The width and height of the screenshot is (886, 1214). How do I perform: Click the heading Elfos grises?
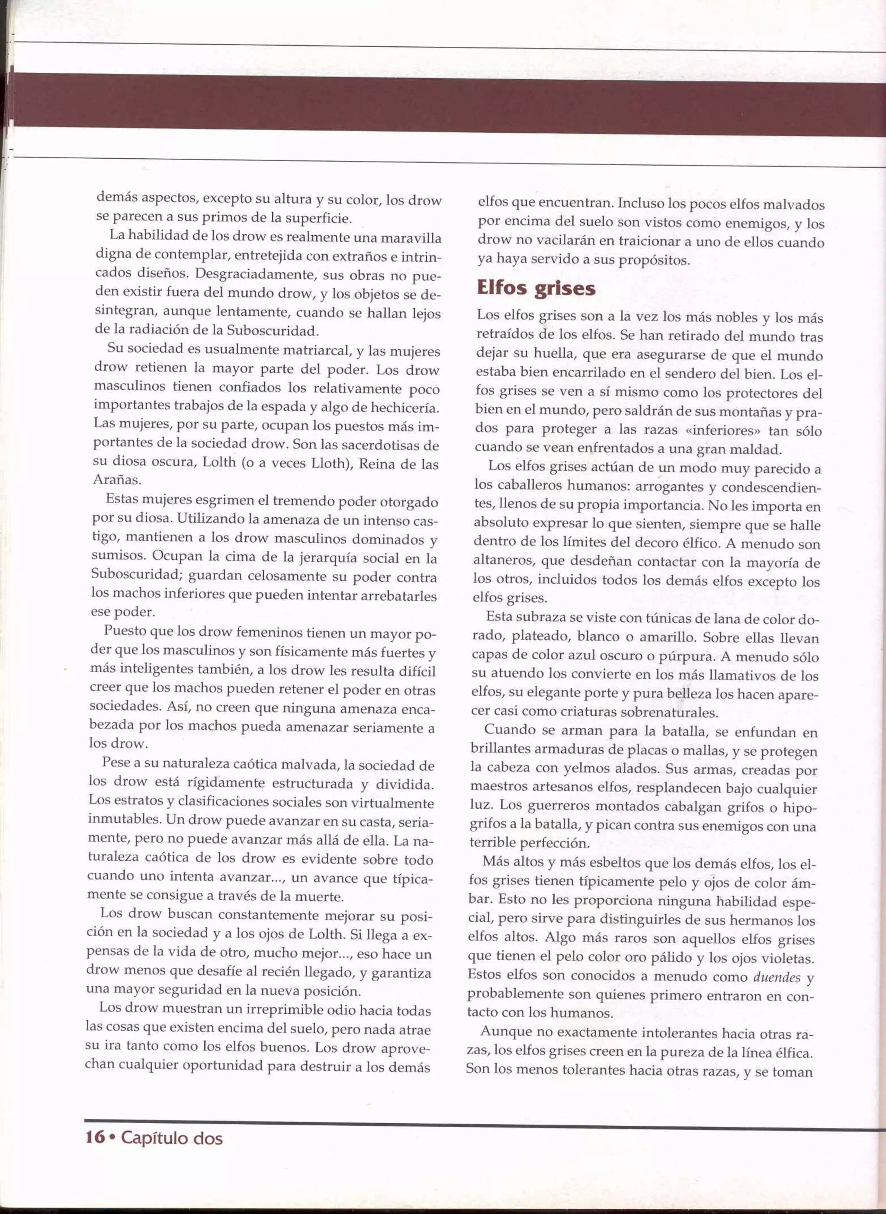click(x=536, y=288)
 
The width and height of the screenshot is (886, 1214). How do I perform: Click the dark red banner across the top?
click(x=443, y=103)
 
